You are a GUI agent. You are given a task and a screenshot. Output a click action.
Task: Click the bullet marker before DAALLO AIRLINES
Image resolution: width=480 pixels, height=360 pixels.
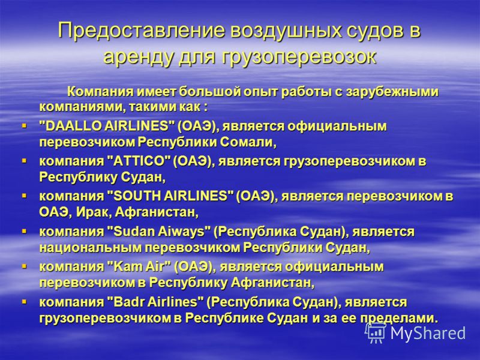(24, 125)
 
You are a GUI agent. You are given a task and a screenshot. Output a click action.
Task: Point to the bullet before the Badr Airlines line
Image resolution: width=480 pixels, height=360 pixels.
(24, 302)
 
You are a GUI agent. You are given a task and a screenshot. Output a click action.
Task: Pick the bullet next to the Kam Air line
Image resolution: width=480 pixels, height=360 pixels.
(24, 266)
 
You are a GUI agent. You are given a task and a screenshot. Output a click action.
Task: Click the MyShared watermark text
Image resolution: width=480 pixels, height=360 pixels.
(428, 333)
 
